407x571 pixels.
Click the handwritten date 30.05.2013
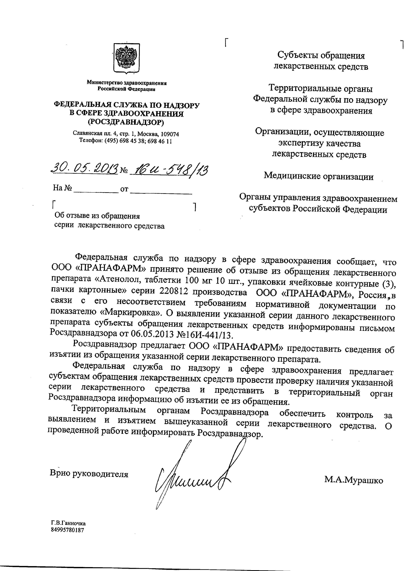84,170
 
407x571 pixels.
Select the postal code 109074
170,134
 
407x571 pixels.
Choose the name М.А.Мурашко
354,480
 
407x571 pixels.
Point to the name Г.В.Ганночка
68,523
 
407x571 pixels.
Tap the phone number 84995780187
67,530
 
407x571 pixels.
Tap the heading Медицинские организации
319,176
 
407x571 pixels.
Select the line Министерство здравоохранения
127,83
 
